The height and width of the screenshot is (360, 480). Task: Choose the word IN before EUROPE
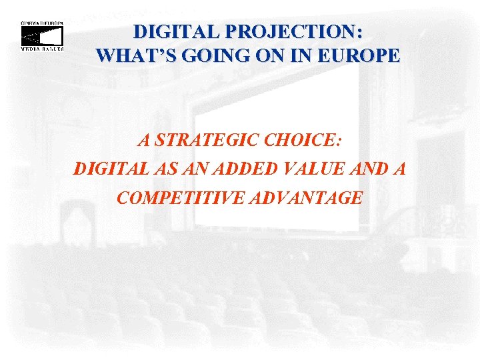(303, 55)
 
